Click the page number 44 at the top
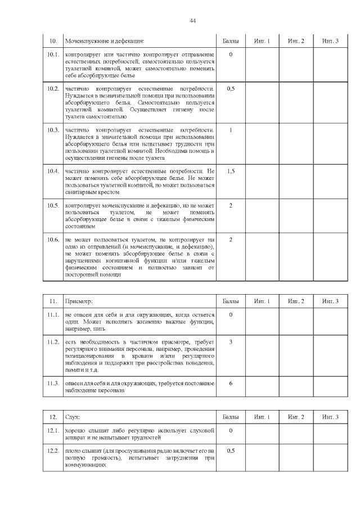tap(192, 20)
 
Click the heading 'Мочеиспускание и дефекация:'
tap(105, 41)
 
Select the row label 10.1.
tap(53, 55)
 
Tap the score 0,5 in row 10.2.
tap(231, 89)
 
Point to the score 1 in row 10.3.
tap(231, 130)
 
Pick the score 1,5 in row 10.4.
tap(231, 171)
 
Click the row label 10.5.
tap(53, 205)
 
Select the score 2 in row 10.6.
tap(231, 240)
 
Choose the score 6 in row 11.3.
tap(231, 384)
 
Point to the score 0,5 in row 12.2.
tap(231, 451)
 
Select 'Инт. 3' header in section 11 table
tap(330, 301)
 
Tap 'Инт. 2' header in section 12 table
tap(296, 417)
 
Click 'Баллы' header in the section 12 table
tap(231, 417)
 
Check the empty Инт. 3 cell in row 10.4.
tap(330, 181)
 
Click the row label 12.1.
tap(53, 430)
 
